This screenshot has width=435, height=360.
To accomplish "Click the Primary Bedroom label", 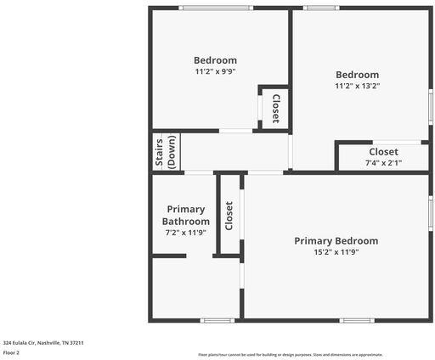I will [336, 241].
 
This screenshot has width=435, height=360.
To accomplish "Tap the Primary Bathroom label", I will [186, 215].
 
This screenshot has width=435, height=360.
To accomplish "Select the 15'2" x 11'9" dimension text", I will [336, 252].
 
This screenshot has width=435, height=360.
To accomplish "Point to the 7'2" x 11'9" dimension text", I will [186, 232].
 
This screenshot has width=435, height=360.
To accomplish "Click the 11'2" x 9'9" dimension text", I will [215, 72].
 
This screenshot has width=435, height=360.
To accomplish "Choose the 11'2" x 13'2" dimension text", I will [357, 86].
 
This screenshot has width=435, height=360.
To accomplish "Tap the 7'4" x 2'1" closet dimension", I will [383, 162].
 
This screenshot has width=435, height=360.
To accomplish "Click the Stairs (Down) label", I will [165, 153].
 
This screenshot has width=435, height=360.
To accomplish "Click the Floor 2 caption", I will [11, 352].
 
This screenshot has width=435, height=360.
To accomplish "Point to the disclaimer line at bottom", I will [290, 355].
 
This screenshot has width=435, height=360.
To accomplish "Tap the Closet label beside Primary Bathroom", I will [229, 215].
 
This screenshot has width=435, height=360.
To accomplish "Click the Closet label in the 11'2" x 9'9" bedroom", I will [275, 108].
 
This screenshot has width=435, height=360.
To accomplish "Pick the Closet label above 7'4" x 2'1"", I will [383, 151].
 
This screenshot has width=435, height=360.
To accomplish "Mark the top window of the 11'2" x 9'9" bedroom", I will [215, 8].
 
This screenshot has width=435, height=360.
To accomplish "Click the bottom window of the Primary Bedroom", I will [357, 320].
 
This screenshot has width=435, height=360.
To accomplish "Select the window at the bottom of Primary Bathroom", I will [217, 320].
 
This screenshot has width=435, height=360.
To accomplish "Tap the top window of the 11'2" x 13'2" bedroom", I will [320, 8].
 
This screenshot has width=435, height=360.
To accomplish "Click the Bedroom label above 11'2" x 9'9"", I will [215, 60].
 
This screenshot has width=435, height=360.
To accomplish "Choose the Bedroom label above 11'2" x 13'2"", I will [357, 75].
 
